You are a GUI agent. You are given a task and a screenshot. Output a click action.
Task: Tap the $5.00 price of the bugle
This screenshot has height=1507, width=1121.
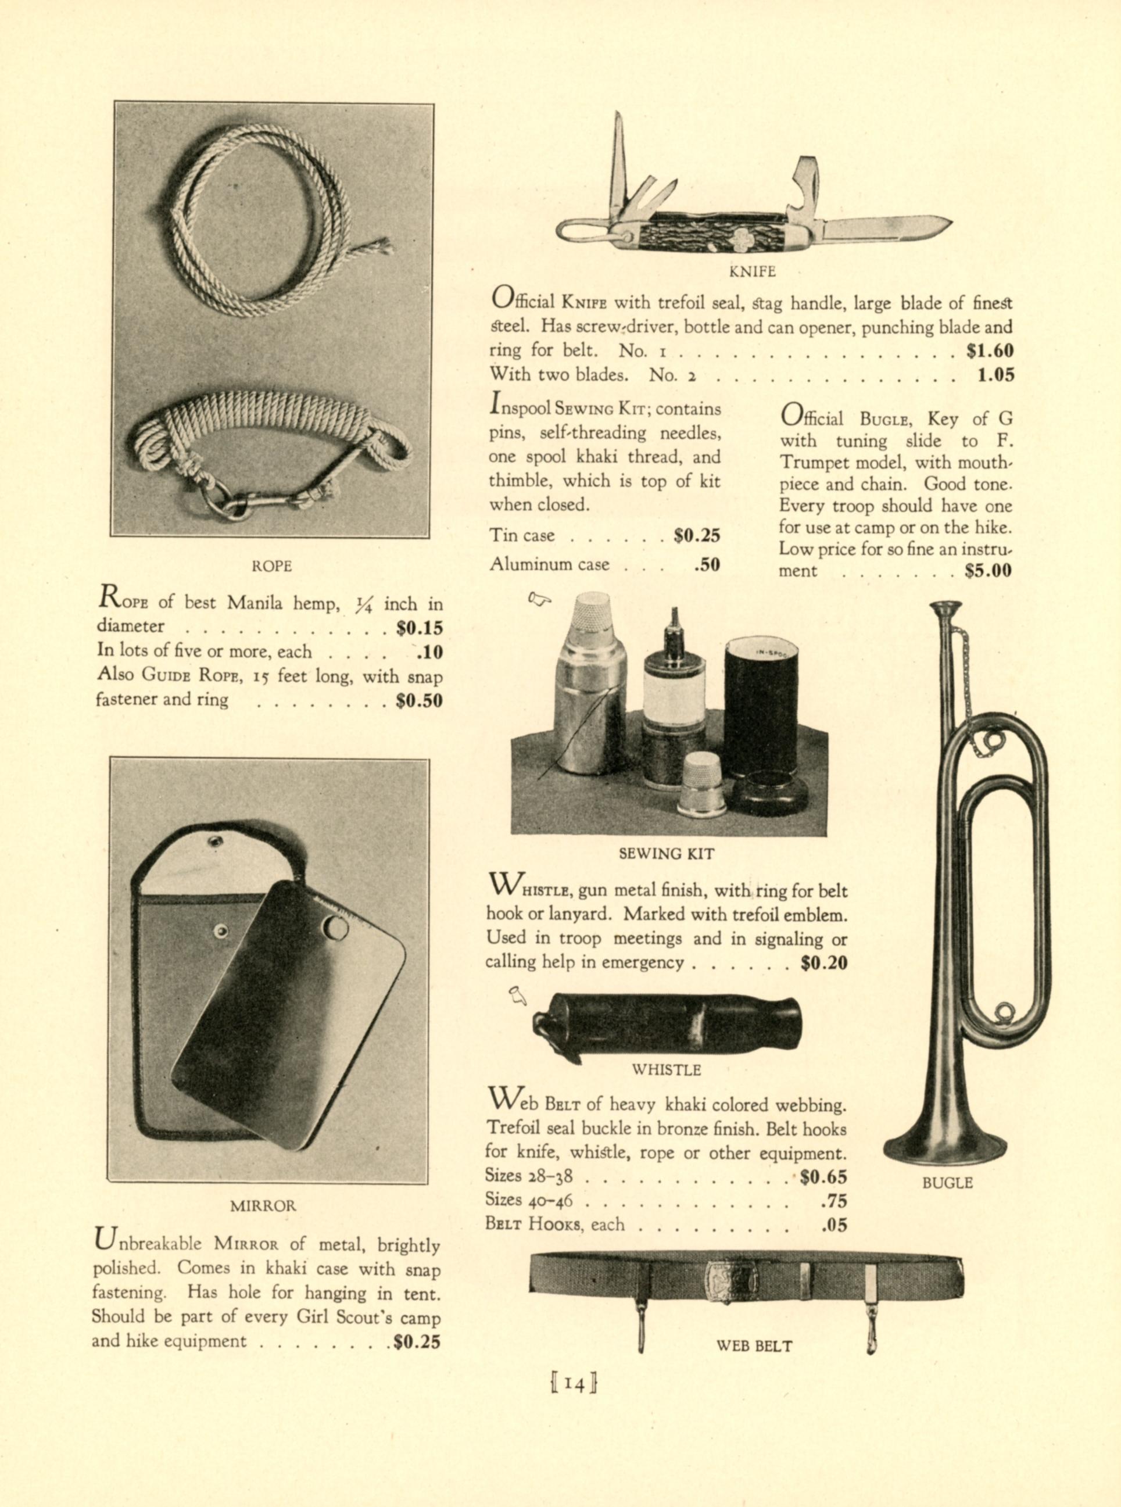988,571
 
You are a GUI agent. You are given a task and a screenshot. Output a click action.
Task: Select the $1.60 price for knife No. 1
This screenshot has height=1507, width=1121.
990,351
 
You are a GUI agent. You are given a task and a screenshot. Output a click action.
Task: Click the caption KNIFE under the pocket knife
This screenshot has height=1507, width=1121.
752,271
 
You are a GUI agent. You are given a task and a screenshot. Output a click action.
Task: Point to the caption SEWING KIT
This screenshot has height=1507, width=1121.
667,854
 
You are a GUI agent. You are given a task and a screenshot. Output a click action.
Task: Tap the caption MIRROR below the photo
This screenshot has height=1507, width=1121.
263,1206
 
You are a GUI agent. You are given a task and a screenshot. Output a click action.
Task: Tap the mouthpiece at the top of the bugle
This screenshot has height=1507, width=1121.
945,606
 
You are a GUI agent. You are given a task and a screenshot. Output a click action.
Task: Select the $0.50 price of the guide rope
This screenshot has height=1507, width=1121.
418,700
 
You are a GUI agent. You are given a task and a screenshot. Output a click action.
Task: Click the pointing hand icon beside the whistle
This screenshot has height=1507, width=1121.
518,996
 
